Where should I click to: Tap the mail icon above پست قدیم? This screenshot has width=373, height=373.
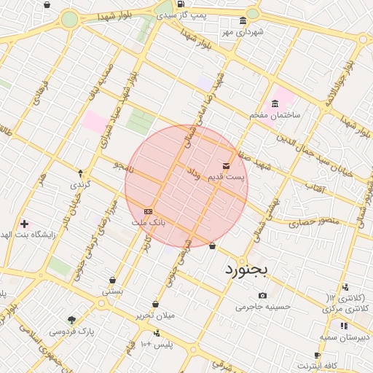tap(226, 166)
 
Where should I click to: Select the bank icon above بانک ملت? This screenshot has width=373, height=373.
tap(149, 211)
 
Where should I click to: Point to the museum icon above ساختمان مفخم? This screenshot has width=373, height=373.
tap(275, 104)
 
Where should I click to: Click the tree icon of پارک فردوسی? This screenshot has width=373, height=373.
tap(71, 320)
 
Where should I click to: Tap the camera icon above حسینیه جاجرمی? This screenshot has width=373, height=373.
tap(262, 296)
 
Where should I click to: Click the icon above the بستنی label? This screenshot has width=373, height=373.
tap(112, 280)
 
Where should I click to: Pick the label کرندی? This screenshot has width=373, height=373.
tap(81, 184)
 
